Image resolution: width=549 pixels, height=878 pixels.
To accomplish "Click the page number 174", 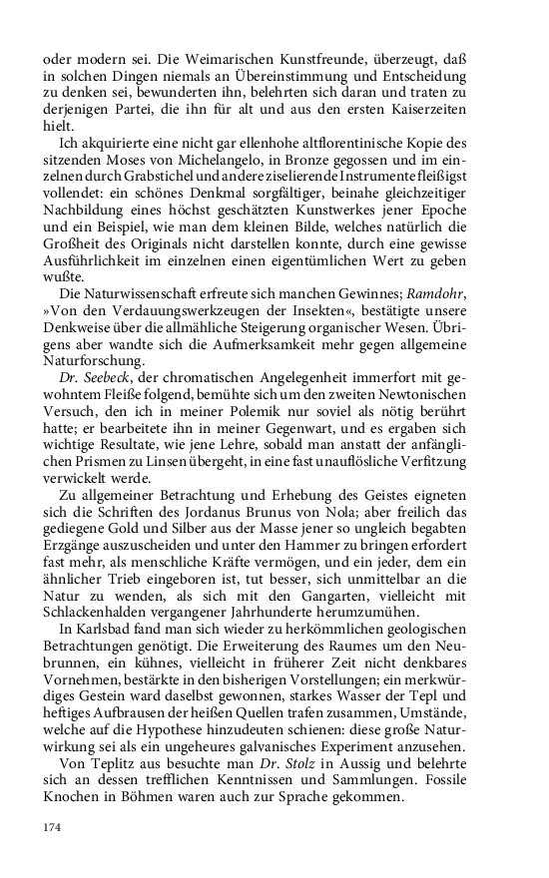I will click(x=52, y=827).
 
